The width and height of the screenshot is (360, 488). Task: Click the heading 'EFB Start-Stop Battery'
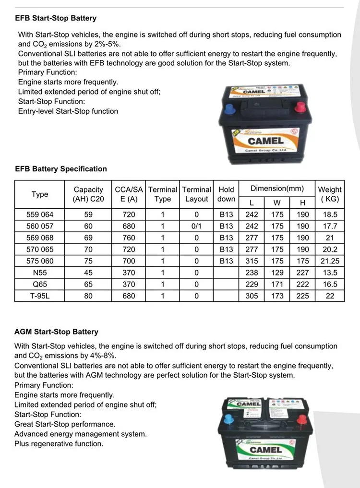tap(56, 18)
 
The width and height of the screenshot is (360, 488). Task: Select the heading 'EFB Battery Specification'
tap(61, 169)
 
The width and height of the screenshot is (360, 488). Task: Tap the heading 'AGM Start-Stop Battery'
tap(56, 332)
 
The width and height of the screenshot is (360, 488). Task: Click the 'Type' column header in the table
tap(40, 194)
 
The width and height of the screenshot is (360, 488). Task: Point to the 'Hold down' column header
tap(226, 194)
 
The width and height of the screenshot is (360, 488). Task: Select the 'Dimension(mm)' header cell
tap(277, 189)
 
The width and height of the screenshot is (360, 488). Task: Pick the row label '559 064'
tap(40, 214)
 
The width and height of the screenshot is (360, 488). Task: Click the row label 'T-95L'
tap(40, 296)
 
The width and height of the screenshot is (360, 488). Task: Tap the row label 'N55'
tap(40, 273)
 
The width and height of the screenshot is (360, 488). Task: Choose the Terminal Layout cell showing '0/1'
tap(196, 226)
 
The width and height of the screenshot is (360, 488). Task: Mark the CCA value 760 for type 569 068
tap(129, 238)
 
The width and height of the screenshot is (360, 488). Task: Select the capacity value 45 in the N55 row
tap(88, 273)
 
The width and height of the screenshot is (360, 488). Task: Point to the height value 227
tap(302, 273)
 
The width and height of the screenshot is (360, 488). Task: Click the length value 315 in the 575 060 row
tap(252, 261)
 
